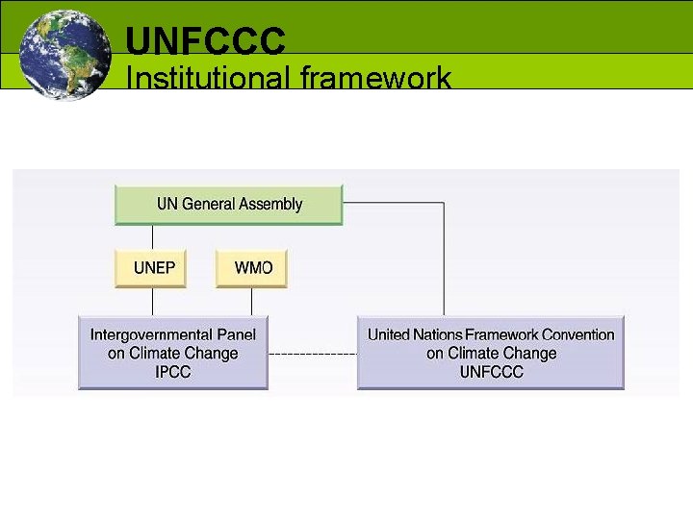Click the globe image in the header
pos(64,53)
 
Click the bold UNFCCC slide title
pos(206,40)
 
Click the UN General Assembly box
pos(229,205)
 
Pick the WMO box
pos(252,268)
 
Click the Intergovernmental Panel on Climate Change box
pos(173,353)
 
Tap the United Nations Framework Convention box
pos(491,353)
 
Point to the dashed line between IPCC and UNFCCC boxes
pos(312,354)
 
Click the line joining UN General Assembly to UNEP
pos(151,237)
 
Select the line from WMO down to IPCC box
pos(252,302)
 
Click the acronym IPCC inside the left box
pos(173,372)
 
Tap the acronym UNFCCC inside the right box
pos(491,372)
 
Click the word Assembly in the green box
pos(270,204)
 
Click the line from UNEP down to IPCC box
pos(151,302)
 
